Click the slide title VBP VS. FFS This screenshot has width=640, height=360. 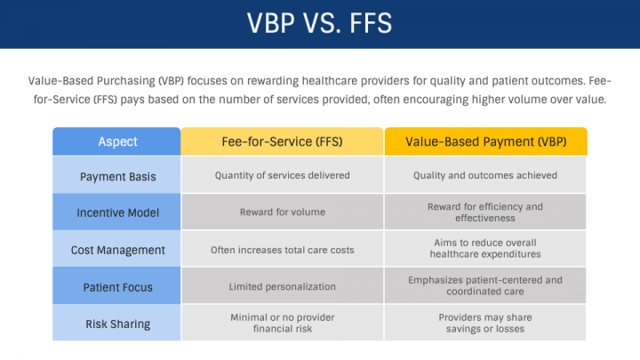pos(319,23)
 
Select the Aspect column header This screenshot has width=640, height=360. pos(116,141)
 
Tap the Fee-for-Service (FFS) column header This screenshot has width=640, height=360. pos(282,141)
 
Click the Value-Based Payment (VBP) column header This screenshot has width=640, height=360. pos(485,141)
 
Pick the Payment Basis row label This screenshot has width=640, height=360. pos(116,176)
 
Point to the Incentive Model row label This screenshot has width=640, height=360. pos(116,212)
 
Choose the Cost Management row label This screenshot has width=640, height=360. pos(116,250)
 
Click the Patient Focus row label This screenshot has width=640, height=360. pos(116,286)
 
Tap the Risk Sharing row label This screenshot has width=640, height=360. pos(116,323)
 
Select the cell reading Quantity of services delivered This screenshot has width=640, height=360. pos(282,176)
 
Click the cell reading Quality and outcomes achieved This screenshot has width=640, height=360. pos(485,176)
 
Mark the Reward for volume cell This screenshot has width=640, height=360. pos(282,212)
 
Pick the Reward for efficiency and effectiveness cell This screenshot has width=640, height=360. pos(485,212)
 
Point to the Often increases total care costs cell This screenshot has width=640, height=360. pos(282,250)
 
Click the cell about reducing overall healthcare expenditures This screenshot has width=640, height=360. pos(485,250)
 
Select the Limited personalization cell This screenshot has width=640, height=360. pos(282,286)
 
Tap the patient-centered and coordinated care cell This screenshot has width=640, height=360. pos(485,286)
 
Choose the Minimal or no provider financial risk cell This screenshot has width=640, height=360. pos(282,323)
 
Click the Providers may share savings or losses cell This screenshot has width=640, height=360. pos(485,323)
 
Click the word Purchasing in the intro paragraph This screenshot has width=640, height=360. pos(126,81)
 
